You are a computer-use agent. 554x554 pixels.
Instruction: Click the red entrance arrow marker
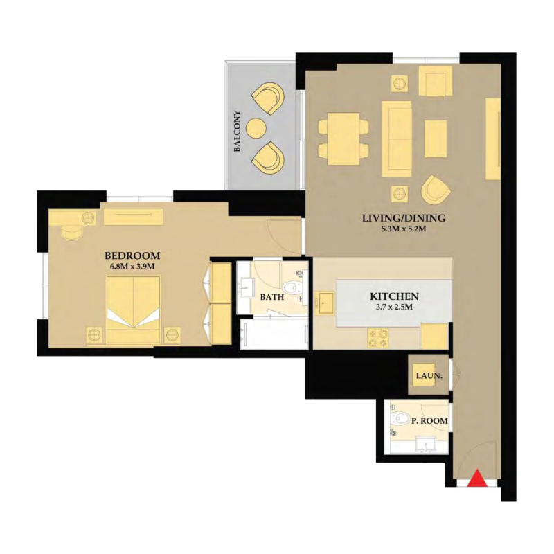[476, 479]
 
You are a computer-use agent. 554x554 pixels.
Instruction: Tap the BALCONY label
[238, 132]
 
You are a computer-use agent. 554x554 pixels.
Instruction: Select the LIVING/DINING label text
[404, 218]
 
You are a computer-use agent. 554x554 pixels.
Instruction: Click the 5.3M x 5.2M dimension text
[404, 229]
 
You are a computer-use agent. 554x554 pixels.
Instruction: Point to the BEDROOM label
[134, 254]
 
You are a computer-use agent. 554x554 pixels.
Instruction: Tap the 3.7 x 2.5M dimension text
[394, 307]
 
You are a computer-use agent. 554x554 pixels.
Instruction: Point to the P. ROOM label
[429, 420]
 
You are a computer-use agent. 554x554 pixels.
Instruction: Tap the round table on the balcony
[256, 128]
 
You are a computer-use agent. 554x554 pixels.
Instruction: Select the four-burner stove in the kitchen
[378, 337]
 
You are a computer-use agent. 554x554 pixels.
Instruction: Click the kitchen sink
[325, 303]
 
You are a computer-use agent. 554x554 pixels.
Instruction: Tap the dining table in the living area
[343, 136]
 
